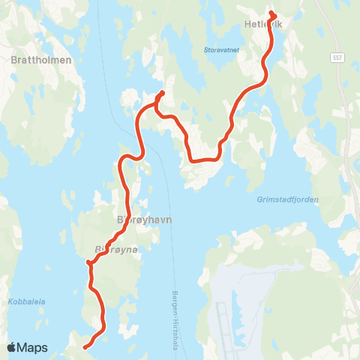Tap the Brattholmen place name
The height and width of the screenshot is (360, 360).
pyautogui.click(x=41, y=59)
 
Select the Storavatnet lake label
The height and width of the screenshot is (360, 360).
pyautogui.click(x=220, y=51)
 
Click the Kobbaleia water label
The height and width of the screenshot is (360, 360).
pyautogui.click(x=27, y=302)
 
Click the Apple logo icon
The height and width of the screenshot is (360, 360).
pyautogui.click(x=12, y=348)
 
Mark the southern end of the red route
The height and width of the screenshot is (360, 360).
pyautogui.click(x=85, y=347)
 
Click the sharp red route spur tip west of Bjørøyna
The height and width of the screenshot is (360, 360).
pyautogui.click(x=88, y=262)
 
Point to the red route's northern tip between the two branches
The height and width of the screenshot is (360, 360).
pyautogui.click(x=162, y=94)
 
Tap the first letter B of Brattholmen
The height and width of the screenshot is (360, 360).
pyautogui.click(x=15, y=59)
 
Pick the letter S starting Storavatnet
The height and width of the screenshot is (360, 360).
pyautogui.click(x=205, y=51)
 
